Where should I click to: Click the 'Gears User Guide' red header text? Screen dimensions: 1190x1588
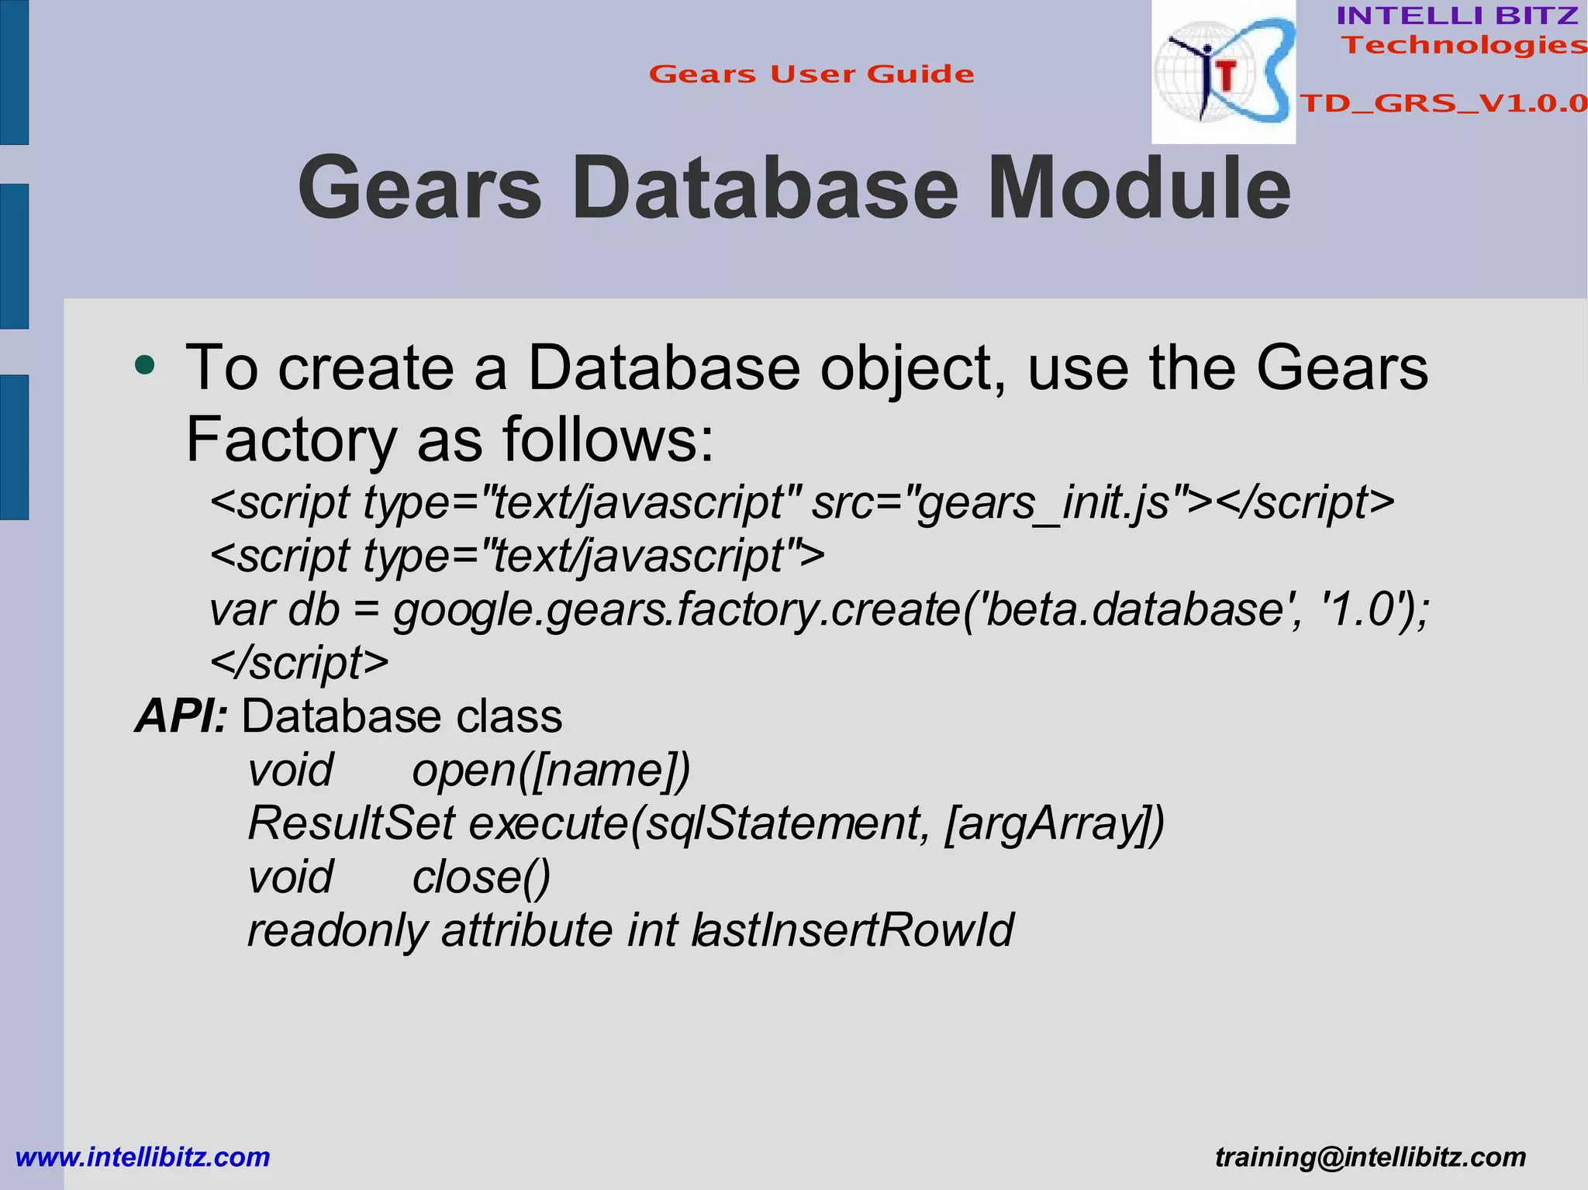coord(811,74)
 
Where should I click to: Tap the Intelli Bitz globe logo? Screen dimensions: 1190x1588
coord(1224,72)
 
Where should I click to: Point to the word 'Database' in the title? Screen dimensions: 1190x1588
coord(765,188)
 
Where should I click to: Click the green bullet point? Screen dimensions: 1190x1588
coord(144,364)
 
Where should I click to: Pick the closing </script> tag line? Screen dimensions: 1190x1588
coord(299,663)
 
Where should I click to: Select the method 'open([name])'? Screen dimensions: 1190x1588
coord(551,770)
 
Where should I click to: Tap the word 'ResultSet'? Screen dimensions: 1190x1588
coord(350,823)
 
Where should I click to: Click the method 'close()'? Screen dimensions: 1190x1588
coord(481,877)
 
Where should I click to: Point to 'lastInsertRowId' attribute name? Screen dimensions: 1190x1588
coord(853,930)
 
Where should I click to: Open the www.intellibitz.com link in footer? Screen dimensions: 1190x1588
coord(143,1157)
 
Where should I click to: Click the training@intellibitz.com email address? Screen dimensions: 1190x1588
coord(1370,1157)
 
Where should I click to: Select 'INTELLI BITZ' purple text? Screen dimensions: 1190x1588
coord(1458,16)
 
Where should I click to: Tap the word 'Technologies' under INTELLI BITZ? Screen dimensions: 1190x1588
coord(1464,45)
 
